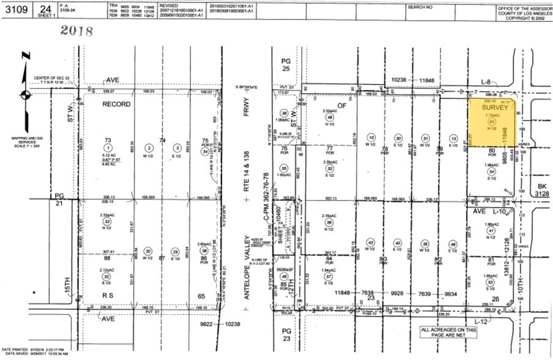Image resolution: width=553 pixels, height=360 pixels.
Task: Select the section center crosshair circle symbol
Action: (x=24, y=95)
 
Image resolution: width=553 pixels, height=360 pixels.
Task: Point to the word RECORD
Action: (x=116, y=105)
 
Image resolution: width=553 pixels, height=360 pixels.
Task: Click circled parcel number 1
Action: (x=108, y=148)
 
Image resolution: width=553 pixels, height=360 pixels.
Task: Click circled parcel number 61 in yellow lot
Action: (x=490, y=122)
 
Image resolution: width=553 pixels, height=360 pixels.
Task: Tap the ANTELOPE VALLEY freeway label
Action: (x=250, y=264)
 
